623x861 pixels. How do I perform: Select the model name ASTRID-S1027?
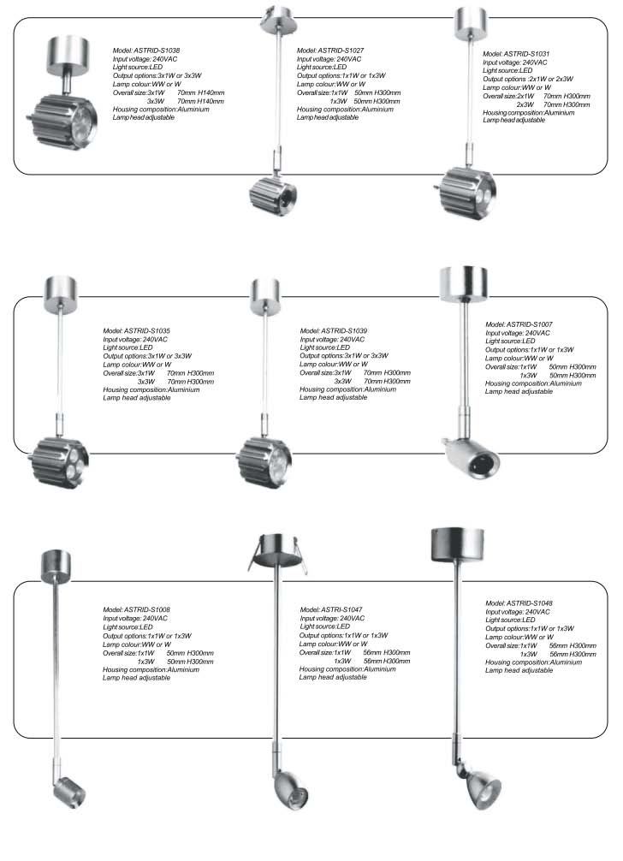pos(355,51)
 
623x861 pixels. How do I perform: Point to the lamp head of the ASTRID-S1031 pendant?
pos(466,185)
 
